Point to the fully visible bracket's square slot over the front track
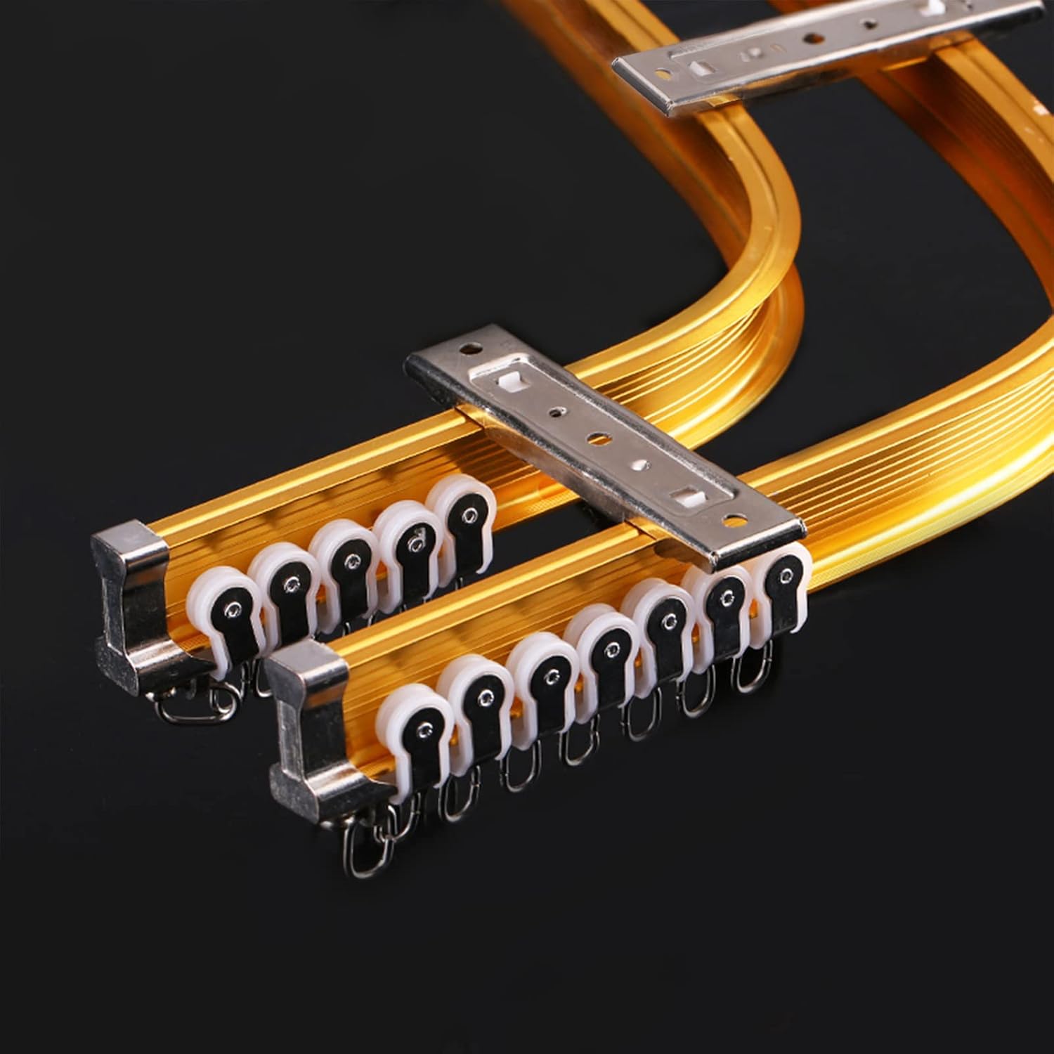point(679,497)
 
